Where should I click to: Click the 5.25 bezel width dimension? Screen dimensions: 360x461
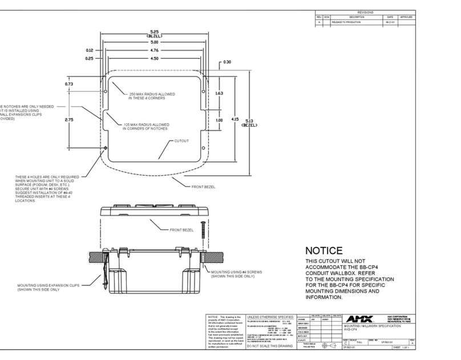tap(154, 33)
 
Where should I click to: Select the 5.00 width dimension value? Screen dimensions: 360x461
tap(154, 42)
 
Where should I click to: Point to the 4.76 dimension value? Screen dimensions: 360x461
tap(154, 50)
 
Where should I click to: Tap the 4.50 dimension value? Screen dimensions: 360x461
tap(154, 58)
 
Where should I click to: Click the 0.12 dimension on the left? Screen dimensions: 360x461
tap(90, 50)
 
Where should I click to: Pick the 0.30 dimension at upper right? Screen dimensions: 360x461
tap(227, 62)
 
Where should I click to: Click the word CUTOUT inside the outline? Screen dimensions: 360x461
tap(181, 140)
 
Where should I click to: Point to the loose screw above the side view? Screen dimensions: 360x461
tap(201, 226)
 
